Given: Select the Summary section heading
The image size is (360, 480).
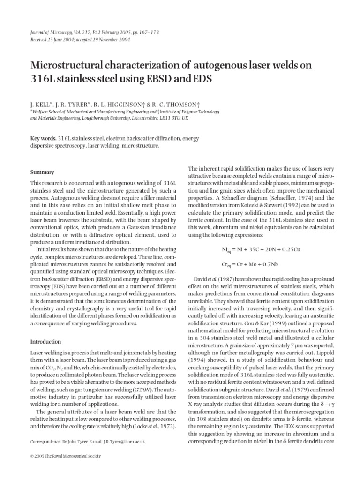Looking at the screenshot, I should [42, 172].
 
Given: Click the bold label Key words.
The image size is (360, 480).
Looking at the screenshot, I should [43, 139].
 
